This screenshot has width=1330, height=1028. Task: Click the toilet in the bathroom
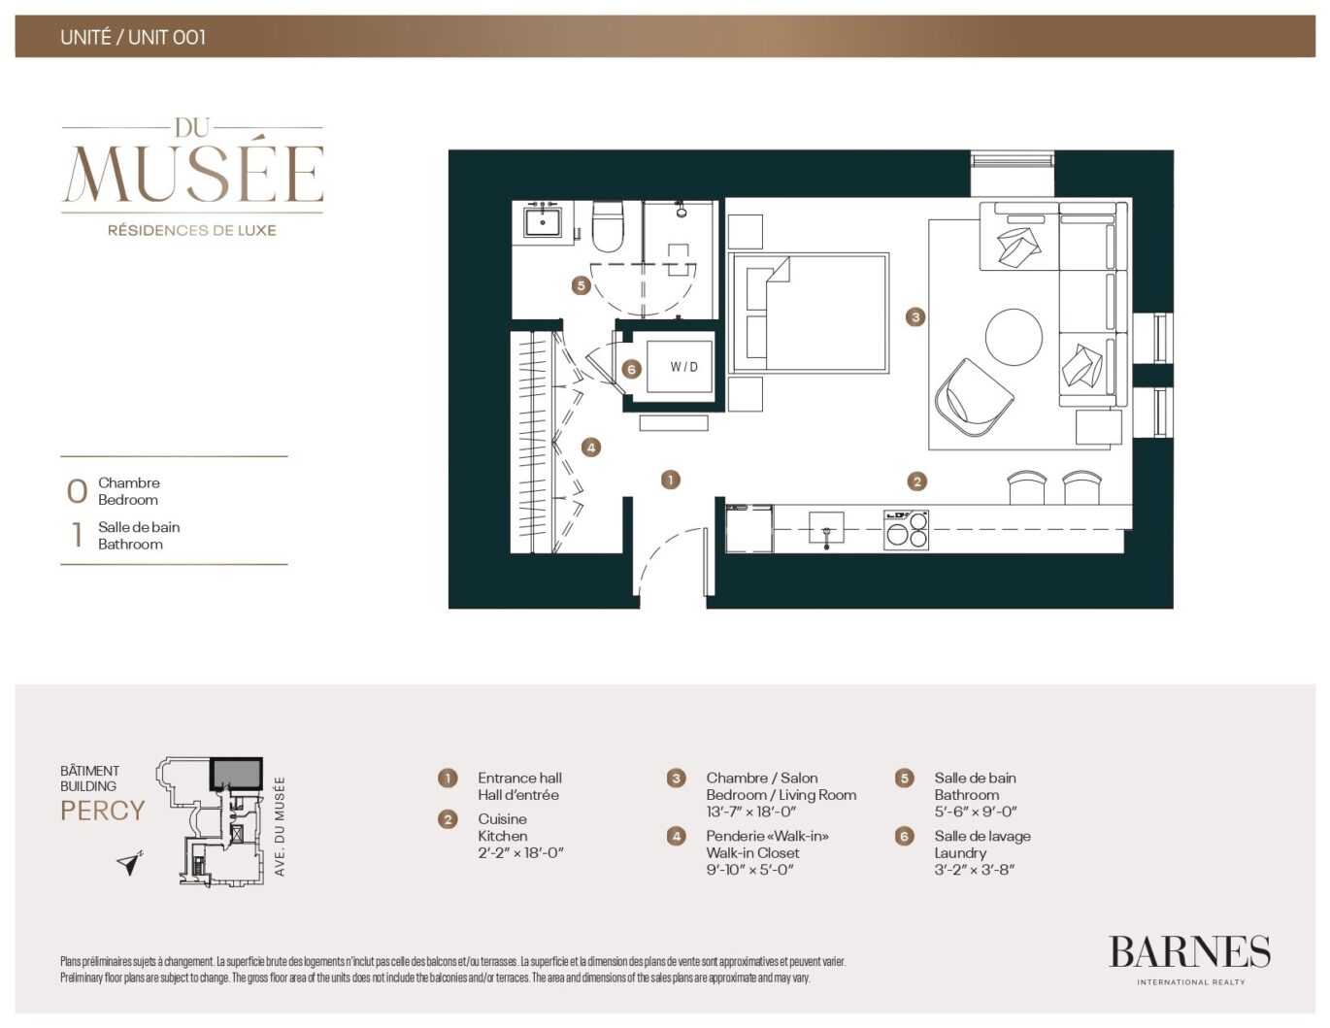[x=608, y=226]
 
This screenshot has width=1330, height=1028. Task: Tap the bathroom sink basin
[x=543, y=221]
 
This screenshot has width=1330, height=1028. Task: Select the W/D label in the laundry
[x=683, y=367]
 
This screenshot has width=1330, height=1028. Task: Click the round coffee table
[x=1014, y=337]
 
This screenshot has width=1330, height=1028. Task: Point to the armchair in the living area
[x=973, y=398]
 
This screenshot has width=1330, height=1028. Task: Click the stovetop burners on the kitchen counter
[x=907, y=530]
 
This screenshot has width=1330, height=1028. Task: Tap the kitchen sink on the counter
[x=826, y=527]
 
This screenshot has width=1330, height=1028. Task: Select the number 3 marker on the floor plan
[x=915, y=317]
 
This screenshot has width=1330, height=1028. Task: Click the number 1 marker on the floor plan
[x=671, y=480]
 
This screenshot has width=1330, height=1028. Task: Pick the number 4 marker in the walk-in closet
[x=590, y=448]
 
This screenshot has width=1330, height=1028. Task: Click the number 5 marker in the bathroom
[x=581, y=285]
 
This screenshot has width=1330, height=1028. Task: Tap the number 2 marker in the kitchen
[x=916, y=481]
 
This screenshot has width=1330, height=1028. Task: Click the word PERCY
[x=103, y=811]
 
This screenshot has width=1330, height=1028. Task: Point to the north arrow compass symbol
[x=130, y=863]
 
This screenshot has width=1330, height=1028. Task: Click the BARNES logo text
[x=1189, y=952]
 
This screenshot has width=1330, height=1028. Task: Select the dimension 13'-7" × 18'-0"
[x=751, y=812]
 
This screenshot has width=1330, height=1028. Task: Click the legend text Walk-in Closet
[x=752, y=853]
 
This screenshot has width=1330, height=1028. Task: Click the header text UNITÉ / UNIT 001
[x=133, y=37]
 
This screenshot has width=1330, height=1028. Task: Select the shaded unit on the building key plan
[x=237, y=774]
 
